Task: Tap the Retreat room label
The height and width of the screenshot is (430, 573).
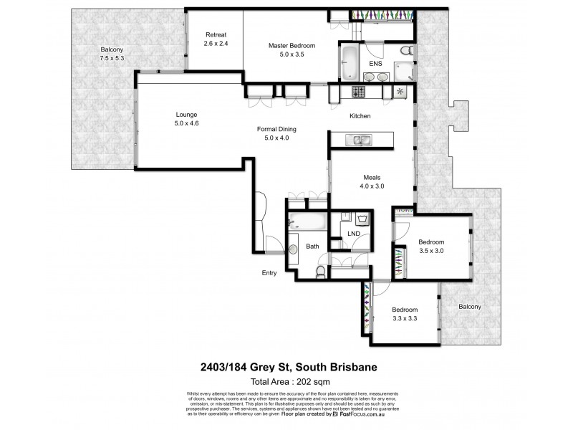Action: tap(216, 35)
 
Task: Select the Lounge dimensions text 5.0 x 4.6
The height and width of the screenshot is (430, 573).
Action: tap(186, 123)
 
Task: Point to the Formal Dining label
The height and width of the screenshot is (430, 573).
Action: tap(276, 130)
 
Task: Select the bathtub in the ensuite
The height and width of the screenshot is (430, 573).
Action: tap(350, 64)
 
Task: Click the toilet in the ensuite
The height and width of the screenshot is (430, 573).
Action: tap(405, 52)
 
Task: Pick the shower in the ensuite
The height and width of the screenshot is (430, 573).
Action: tap(402, 72)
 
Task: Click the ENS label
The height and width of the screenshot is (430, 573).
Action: tap(375, 64)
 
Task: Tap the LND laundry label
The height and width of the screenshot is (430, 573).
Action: tap(354, 234)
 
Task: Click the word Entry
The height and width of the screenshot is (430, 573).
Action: tap(269, 272)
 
